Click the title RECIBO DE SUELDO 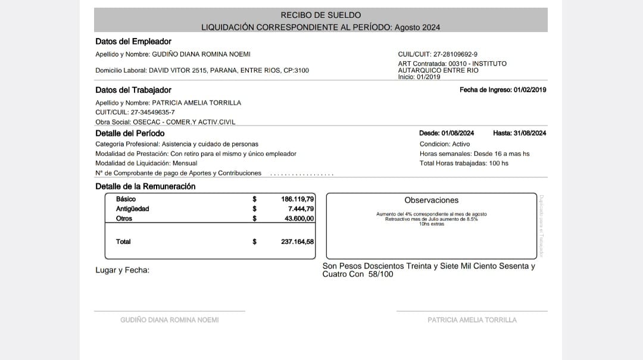(320, 15)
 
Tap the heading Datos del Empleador (133, 42)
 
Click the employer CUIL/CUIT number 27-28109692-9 (455, 54)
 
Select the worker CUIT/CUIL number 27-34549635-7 (154, 112)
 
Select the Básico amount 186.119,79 (297, 199)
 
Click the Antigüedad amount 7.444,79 (301, 209)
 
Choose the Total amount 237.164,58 (297, 242)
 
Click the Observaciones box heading (432, 201)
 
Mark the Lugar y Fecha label (123, 270)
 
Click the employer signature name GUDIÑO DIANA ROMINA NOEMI (170, 320)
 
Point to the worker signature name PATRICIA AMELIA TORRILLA (472, 320)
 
